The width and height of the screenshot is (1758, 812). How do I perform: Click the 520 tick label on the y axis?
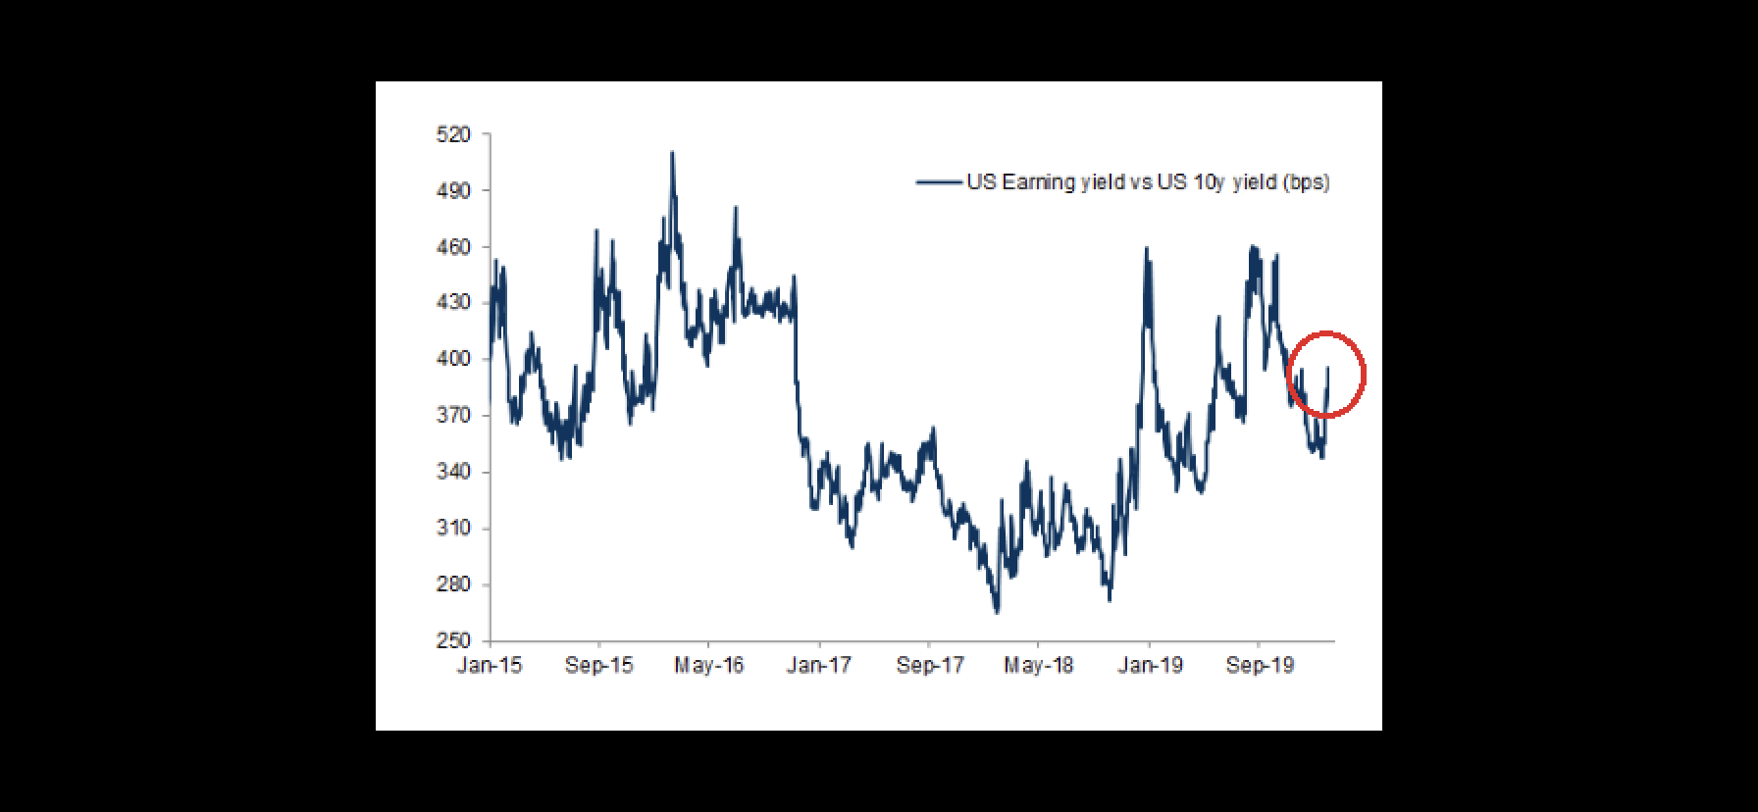(453, 134)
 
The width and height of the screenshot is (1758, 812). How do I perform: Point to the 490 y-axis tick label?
(453, 191)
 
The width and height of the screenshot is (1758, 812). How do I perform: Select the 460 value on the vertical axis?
(453, 247)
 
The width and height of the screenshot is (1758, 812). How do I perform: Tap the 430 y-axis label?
(453, 303)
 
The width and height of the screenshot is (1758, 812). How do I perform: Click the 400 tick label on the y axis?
(453, 359)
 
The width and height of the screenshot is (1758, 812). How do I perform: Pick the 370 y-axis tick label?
(453, 416)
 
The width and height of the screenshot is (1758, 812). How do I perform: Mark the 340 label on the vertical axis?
(453, 472)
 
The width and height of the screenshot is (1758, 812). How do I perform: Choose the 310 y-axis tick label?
(453, 528)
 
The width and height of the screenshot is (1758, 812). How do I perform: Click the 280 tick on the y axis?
(453, 584)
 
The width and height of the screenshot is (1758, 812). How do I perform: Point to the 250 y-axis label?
(453, 640)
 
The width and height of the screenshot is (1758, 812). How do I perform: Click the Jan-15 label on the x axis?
(490, 666)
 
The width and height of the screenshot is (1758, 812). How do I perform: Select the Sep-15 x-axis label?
(599, 666)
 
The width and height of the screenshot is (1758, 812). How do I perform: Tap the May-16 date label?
(709, 666)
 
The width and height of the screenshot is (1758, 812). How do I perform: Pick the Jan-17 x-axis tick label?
(819, 666)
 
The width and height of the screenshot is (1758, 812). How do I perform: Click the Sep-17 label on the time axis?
(930, 666)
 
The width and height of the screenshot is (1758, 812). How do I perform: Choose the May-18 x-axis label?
(1039, 666)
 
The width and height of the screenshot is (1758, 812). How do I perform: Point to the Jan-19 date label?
(1151, 666)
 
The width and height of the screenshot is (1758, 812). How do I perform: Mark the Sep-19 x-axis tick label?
(1261, 666)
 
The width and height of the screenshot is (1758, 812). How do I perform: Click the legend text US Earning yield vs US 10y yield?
(1148, 182)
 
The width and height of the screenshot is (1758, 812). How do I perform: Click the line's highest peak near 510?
(672, 153)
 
